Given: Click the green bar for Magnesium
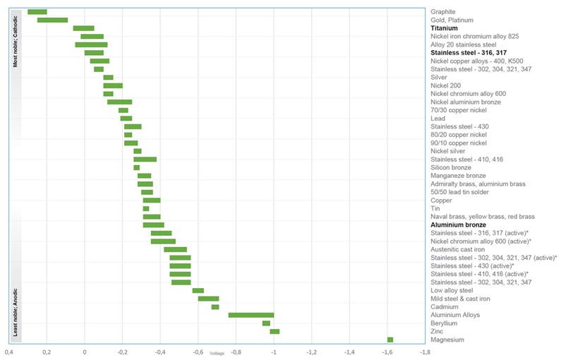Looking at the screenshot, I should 390,340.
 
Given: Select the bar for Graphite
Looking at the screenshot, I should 37,12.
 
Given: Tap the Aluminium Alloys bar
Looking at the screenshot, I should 251,315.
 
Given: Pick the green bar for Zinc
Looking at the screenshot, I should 275,331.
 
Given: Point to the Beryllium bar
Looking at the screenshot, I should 266,323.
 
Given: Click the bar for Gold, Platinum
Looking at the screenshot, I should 52,20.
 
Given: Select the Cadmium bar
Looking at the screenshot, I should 215,307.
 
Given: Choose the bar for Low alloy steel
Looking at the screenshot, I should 198,290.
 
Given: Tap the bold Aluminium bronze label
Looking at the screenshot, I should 459,224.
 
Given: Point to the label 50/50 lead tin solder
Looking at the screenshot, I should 462,192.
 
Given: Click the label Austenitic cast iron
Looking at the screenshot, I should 458,249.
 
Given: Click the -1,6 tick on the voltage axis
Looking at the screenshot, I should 387,351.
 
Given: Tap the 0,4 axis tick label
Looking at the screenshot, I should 8,351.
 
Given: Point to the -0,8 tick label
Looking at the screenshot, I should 236,351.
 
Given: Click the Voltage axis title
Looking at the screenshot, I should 217,352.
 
